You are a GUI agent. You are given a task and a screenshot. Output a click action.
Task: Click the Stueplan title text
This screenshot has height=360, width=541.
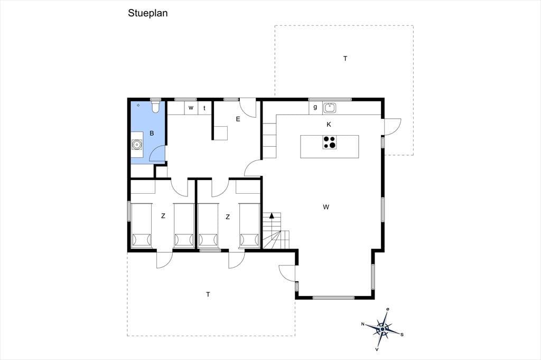(148, 13)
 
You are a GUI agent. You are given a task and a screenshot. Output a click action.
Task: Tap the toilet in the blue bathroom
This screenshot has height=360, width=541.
(156, 106)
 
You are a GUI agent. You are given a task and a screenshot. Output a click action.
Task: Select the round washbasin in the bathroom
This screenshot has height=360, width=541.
(137, 145)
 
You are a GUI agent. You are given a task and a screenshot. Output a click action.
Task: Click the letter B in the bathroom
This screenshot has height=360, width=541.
(152, 133)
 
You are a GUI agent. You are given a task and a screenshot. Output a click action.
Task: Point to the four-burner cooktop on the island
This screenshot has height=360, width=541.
(329, 143)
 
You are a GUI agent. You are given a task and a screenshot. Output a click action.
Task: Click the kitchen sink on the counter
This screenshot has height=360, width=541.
(330, 108)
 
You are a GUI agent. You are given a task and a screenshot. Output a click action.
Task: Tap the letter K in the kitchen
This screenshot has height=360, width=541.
(329, 125)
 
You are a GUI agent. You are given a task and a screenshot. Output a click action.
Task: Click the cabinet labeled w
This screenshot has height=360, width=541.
(191, 108)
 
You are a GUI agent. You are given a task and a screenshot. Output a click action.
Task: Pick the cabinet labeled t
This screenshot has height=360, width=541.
(204, 108)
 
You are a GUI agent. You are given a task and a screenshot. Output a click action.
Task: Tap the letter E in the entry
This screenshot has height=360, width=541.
(238, 119)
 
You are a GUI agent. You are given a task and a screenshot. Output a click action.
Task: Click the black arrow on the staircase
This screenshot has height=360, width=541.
(272, 216)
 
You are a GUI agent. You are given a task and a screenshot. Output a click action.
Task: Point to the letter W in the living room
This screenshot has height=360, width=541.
(326, 207)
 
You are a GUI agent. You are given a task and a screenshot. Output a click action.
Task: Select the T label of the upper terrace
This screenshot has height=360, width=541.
(345, 59)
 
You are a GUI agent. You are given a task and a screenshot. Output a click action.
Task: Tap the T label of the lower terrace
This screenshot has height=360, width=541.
(208, 295)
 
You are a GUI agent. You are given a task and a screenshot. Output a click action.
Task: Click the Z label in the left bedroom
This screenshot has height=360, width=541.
(163, 216)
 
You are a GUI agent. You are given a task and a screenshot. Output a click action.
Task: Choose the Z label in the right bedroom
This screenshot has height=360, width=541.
(228, 217)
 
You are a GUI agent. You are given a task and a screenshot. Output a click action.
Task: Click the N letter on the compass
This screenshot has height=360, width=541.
(362, 324)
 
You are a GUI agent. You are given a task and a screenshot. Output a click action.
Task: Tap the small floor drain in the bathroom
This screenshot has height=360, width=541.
(138, 105)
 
